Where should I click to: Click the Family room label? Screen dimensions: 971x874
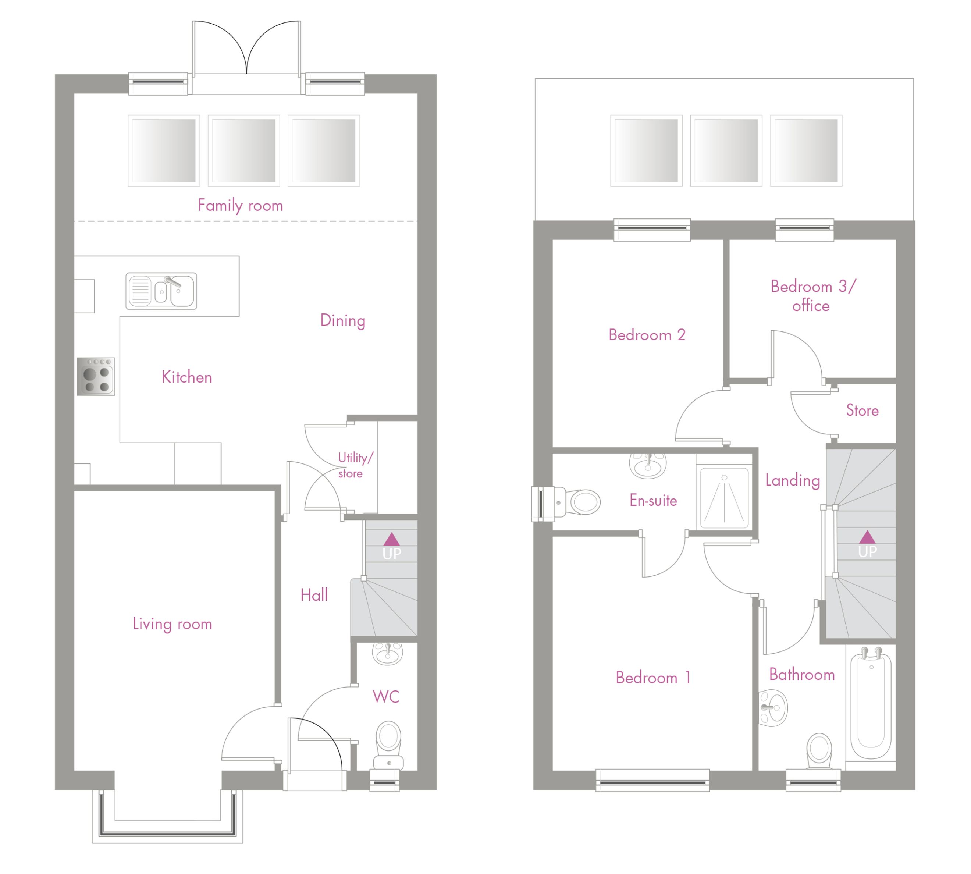click(240, 206)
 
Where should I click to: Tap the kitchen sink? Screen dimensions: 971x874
click(161, 291)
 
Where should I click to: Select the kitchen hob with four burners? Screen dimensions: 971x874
click(96, 377)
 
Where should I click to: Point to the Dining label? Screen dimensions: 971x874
click(342, 321)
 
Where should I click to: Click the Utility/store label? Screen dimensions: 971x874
click(355, 465)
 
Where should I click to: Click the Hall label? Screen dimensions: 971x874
click(314, 596)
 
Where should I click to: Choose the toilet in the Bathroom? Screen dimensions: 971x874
click(819, 751)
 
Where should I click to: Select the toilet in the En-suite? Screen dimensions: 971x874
click(567, 503)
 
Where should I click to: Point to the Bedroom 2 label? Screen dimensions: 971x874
click(647, 335)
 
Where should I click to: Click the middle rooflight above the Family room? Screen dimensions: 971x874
click(244, 151)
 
